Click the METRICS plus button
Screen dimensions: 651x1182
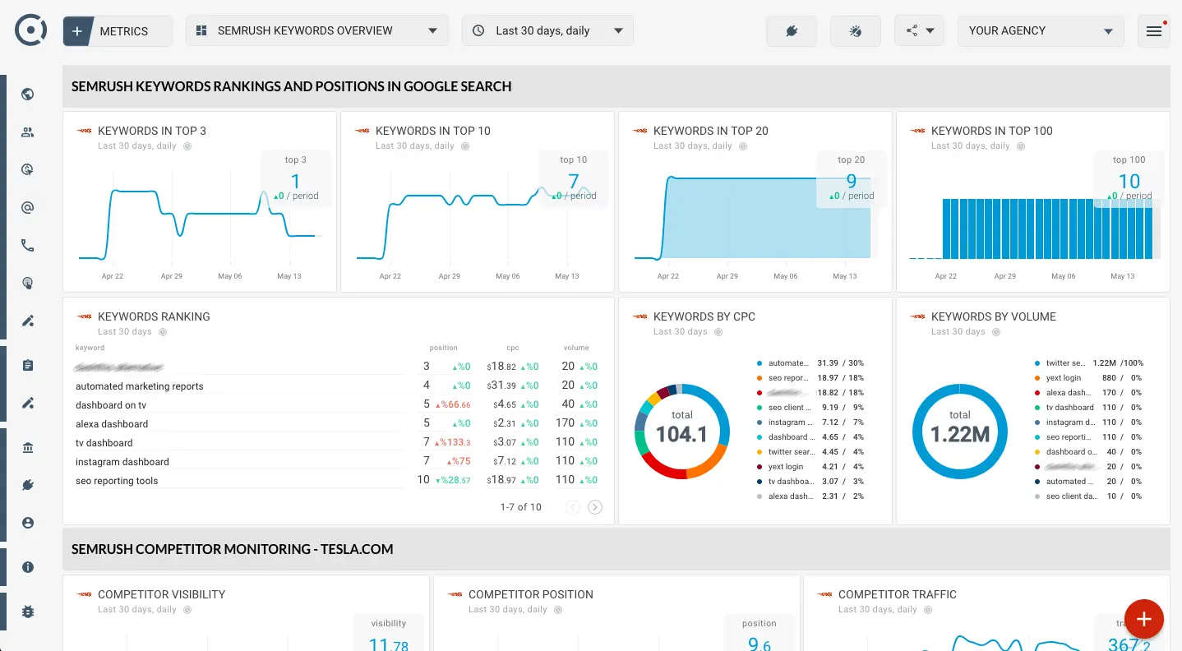pos(77,31)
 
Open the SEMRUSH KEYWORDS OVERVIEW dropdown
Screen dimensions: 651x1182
pos(316,31)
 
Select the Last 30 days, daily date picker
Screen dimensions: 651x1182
pos(547,31)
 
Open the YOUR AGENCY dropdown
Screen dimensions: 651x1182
pos(1040,31)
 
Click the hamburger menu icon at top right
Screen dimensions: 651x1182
pos(1153,31)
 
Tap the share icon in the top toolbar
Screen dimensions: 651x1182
pos(918,31)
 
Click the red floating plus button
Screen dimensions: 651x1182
pos(1143,619)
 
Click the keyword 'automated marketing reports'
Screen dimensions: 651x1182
pos(140,386)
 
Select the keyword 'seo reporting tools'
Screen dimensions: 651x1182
pos(117,481)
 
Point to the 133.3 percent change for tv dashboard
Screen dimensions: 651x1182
pos(457,443)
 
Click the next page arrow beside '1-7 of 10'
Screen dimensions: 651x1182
pos(595,507)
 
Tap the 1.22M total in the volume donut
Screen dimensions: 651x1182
pos(959,432)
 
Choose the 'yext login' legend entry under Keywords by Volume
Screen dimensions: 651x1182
pos(1063,378)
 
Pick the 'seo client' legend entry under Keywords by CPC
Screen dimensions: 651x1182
pos(785,408)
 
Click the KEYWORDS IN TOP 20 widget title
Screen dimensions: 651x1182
pos(710,131)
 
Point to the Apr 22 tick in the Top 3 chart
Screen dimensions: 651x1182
pos(113,276)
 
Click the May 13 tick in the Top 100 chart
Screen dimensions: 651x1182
pos(1122,276)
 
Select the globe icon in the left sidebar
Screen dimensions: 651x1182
pos(28,94)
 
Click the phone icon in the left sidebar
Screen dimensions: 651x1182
pos(28,245)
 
